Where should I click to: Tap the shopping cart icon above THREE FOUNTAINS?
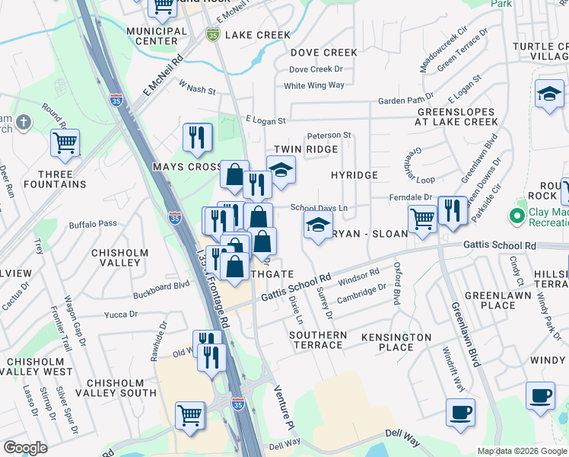pos(65,142)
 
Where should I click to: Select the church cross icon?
pos(24,123)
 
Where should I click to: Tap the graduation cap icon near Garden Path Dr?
pos(549,94)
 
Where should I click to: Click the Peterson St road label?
pos(329,135)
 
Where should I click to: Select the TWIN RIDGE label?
pos(305,149)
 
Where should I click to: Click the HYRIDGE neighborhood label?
pos(354,175)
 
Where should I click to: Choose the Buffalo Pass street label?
pos(93,224)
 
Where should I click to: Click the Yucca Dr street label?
pos(121,314)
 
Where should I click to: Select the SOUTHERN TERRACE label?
pos(317,340)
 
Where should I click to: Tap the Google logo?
pos(25,448)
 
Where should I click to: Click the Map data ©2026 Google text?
pos(522,451)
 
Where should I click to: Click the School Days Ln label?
pos(319,208)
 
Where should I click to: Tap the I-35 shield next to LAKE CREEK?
pos(213,34)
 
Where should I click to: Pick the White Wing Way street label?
pos(313,85)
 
